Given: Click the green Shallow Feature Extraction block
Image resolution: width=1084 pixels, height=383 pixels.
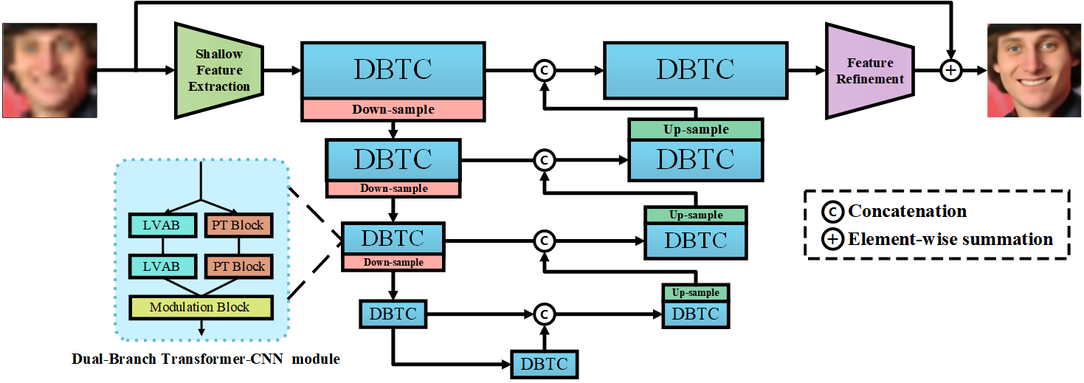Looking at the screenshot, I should coord(218,71).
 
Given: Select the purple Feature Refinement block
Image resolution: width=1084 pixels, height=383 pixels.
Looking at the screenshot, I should coord(870,71).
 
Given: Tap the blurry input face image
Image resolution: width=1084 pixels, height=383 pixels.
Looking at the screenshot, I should coord(49,70).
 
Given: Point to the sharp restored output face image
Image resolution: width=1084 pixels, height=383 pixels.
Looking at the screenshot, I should coord(1033,70).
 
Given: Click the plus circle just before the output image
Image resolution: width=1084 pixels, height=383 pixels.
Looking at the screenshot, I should coord(952,71).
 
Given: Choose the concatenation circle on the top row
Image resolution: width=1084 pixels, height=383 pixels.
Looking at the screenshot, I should coord(544,71).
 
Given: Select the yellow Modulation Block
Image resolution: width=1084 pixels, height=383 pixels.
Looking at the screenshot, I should coord(200,307).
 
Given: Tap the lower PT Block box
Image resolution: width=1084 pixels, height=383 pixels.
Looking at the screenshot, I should coord(237,266).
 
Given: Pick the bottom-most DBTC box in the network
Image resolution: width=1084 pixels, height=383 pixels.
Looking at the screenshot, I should coord(544,364).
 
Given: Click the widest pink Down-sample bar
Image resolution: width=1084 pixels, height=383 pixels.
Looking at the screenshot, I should coord(393,109).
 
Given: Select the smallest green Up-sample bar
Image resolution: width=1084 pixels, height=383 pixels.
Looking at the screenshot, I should coord(695,292).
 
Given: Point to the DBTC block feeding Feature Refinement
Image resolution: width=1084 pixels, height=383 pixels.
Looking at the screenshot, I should coord(695,69).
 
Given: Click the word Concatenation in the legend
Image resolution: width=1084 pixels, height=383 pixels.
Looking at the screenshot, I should coord(907,211).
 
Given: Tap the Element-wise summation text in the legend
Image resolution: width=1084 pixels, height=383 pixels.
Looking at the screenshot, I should coord(950,238).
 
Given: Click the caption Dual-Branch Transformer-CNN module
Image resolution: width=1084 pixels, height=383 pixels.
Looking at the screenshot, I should coord(206,359).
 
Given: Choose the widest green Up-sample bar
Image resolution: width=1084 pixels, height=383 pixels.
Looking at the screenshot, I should coord(695,129).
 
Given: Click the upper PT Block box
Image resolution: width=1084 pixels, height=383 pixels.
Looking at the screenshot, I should coord(237,225).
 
